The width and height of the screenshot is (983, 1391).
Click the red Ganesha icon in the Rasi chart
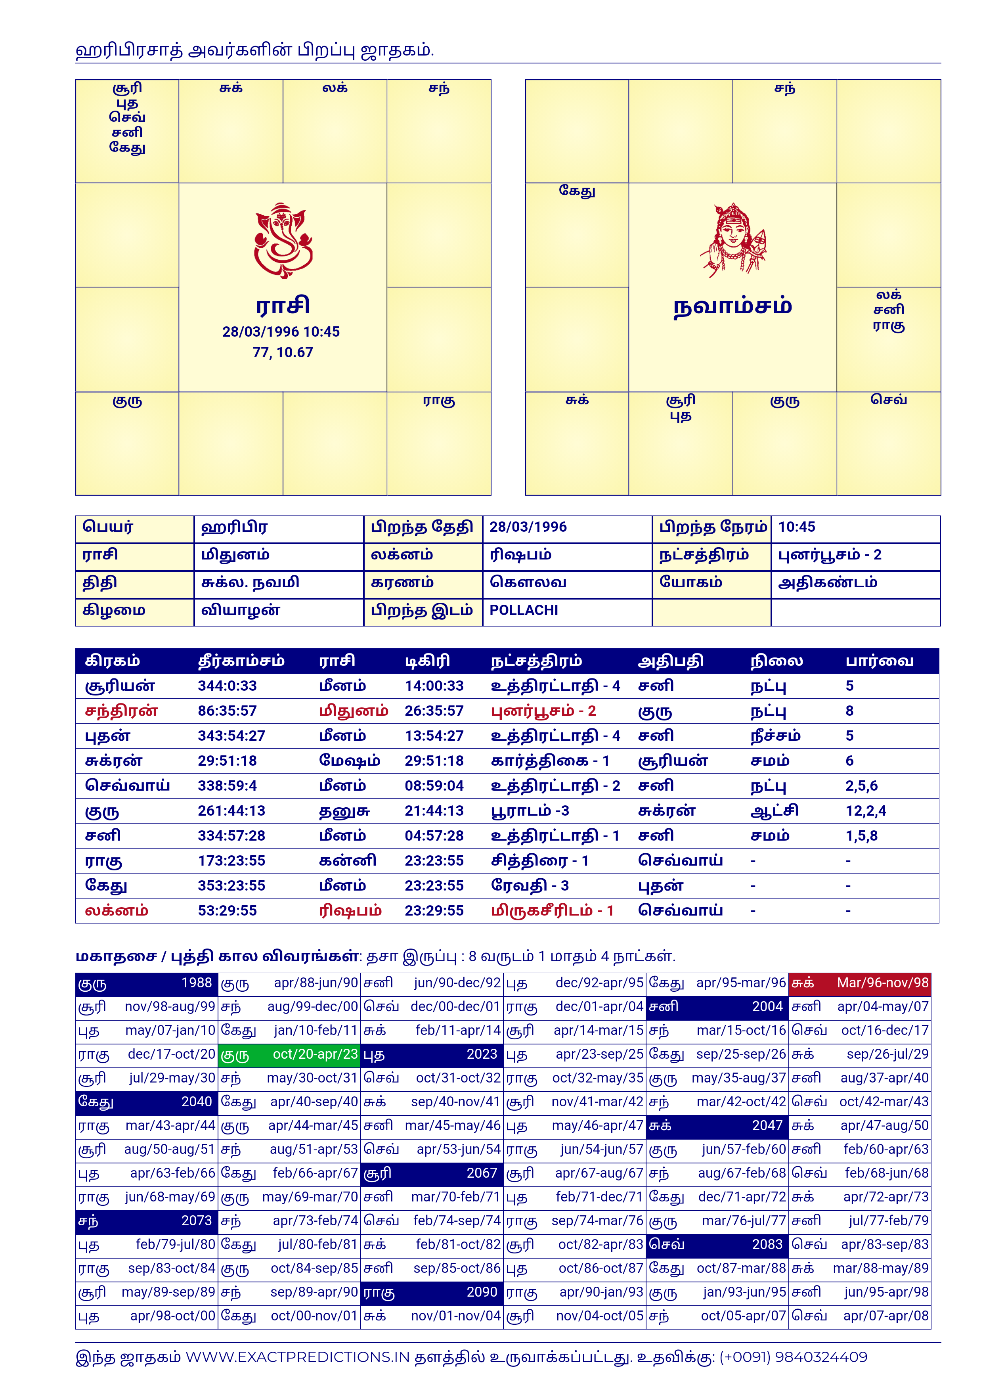pyautogui.click(x=283, y=241)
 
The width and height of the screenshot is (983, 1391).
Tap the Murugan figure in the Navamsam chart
pyautogui.click(x=733, y=241)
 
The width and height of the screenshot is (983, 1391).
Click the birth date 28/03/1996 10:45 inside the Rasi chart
pyautogui.click(x=281, y=332)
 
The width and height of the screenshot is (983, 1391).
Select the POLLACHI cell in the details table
pyautogui.click(x=524, y=611)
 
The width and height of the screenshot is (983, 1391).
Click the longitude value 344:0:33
pyautogui.click(x=227, y=686)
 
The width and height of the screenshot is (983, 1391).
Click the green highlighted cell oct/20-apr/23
pyautogui.click(x=289, y=1054)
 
